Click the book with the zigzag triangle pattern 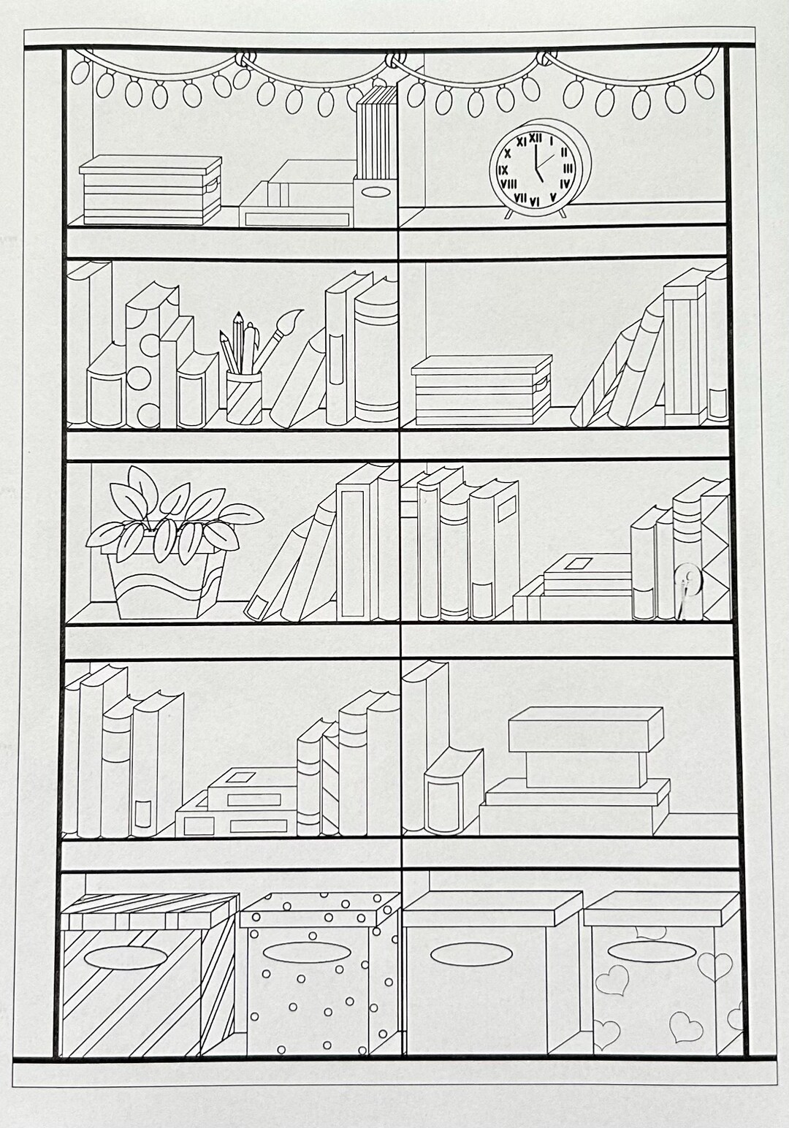click(719, 555)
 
